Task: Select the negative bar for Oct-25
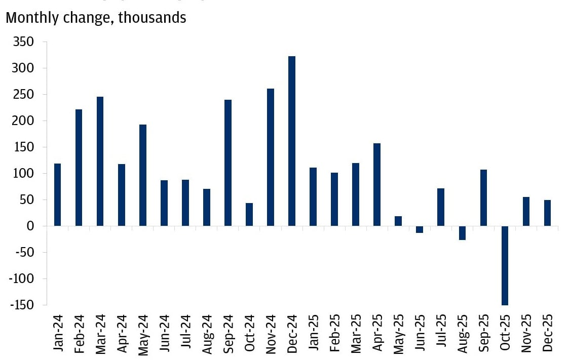(505, 265)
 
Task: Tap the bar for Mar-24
(100, 162)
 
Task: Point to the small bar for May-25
(398, 221)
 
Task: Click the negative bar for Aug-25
(462, 233)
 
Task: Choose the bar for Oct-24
(249, 215)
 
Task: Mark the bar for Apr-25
(377, 185)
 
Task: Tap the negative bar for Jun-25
(420, 229)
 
